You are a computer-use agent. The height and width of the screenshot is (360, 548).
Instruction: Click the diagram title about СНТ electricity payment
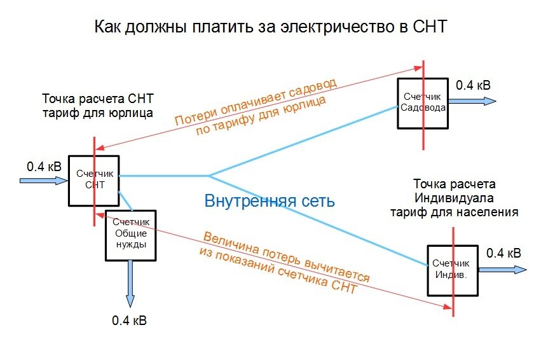pyautogui.click(x=271, y=27)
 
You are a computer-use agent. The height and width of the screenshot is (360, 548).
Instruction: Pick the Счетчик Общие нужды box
pyautogui.click(x=130, y=234)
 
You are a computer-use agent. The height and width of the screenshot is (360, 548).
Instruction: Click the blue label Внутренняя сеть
pyautogui.click(x=270, y=201)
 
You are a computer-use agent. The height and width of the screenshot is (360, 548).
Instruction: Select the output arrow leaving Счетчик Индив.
pyautogui.click(x=502, y=270)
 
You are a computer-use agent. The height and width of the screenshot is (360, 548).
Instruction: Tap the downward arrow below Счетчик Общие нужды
pyautogui.click(x=130, y=283)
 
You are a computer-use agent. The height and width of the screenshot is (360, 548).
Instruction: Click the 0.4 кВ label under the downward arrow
pyautogui.click(x=129, y=320)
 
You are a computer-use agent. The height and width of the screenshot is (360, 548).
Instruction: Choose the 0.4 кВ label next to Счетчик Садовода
pyautogui.click(x=473, y=85)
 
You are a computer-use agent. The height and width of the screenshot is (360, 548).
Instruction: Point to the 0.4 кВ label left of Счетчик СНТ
pyautogui.click(x=45, y=166)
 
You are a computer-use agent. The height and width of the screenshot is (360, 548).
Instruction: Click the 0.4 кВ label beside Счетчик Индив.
pyautogui.click(x=503, y=253)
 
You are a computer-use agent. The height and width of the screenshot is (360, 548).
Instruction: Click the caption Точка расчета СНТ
pyautogui.click(x=98, y=99)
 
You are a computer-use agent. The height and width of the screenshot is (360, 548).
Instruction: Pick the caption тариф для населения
pyautogui.click(x=454, y=212)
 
